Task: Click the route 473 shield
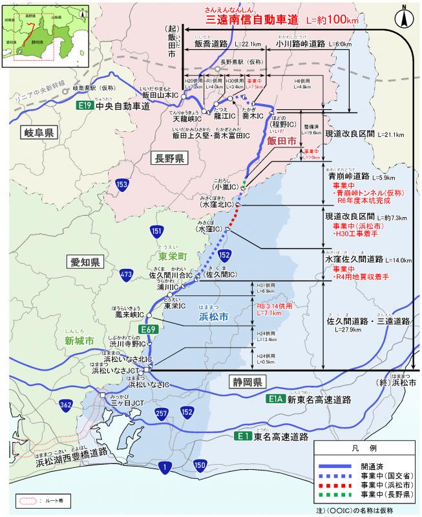[126, 277]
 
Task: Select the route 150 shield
[200, 466]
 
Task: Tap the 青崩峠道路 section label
[349, 175]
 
